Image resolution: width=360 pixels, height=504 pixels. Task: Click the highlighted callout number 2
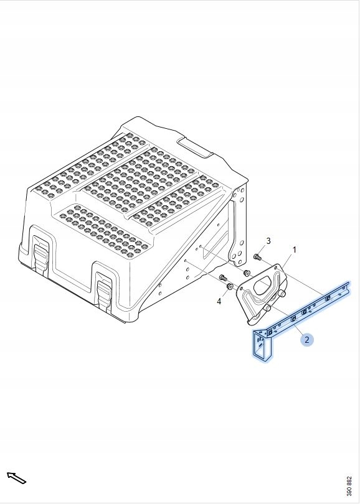(306, 340)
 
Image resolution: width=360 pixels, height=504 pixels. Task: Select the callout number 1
(294, 249)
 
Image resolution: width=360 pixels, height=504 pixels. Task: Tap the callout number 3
(268, 241)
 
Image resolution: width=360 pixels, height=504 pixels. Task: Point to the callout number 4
(219, 301)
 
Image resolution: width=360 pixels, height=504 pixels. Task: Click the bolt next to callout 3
(257, 256)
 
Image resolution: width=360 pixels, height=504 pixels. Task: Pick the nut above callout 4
(230, 286)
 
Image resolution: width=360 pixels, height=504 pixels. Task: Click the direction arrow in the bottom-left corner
(16, 478)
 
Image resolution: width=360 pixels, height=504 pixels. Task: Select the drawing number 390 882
(349, 486)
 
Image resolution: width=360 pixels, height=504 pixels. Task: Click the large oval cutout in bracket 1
(263, 284)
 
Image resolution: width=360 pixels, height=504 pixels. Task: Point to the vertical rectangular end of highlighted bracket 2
(261, 345)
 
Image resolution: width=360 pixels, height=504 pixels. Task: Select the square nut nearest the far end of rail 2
(328, 299)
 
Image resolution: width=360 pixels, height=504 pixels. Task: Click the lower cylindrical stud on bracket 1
(268, 307)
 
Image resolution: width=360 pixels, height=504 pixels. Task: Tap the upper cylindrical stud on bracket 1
(282, 293)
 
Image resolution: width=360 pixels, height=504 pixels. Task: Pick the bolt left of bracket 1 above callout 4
(222, 276)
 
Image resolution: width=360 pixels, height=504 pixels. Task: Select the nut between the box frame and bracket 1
(247, 273)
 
